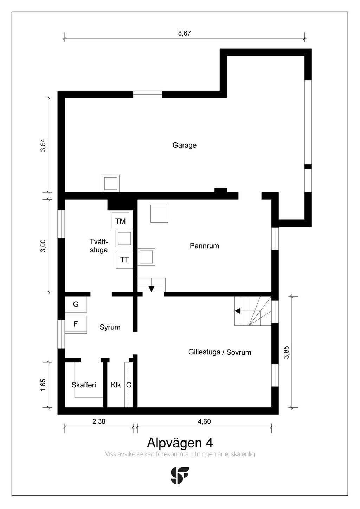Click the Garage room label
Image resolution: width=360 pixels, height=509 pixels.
(x=184, y=145)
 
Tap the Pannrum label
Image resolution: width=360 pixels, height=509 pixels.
(x=204, y=246)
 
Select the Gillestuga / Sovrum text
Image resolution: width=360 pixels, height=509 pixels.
(x=220, y=353)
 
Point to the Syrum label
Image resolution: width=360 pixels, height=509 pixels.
(x=110, y=328)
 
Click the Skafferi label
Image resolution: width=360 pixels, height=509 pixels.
(x=84, y=385)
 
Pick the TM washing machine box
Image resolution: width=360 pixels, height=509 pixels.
(x=121, y=221)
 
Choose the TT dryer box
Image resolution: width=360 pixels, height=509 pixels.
(x=124, y=259)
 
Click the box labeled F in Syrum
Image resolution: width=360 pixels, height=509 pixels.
(x=76, y=324)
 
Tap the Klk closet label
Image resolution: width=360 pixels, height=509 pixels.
(x=116, y=385)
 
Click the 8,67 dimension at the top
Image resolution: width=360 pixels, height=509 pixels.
(x=184, y=33)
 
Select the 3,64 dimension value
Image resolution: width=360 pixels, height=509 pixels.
(x=43, y=145)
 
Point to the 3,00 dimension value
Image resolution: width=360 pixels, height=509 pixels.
(x=43, y=246)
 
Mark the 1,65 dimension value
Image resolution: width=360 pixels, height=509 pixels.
(x=43, y=385)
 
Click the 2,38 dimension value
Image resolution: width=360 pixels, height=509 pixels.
(x=99, y=421)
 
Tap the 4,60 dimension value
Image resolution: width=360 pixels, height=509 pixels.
(x=204, y=421)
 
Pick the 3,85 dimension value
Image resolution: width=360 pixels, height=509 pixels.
(x=287, y=352)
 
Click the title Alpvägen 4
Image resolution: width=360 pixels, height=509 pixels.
(x=180, y=443)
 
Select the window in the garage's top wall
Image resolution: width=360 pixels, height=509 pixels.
(x=148, y=94)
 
